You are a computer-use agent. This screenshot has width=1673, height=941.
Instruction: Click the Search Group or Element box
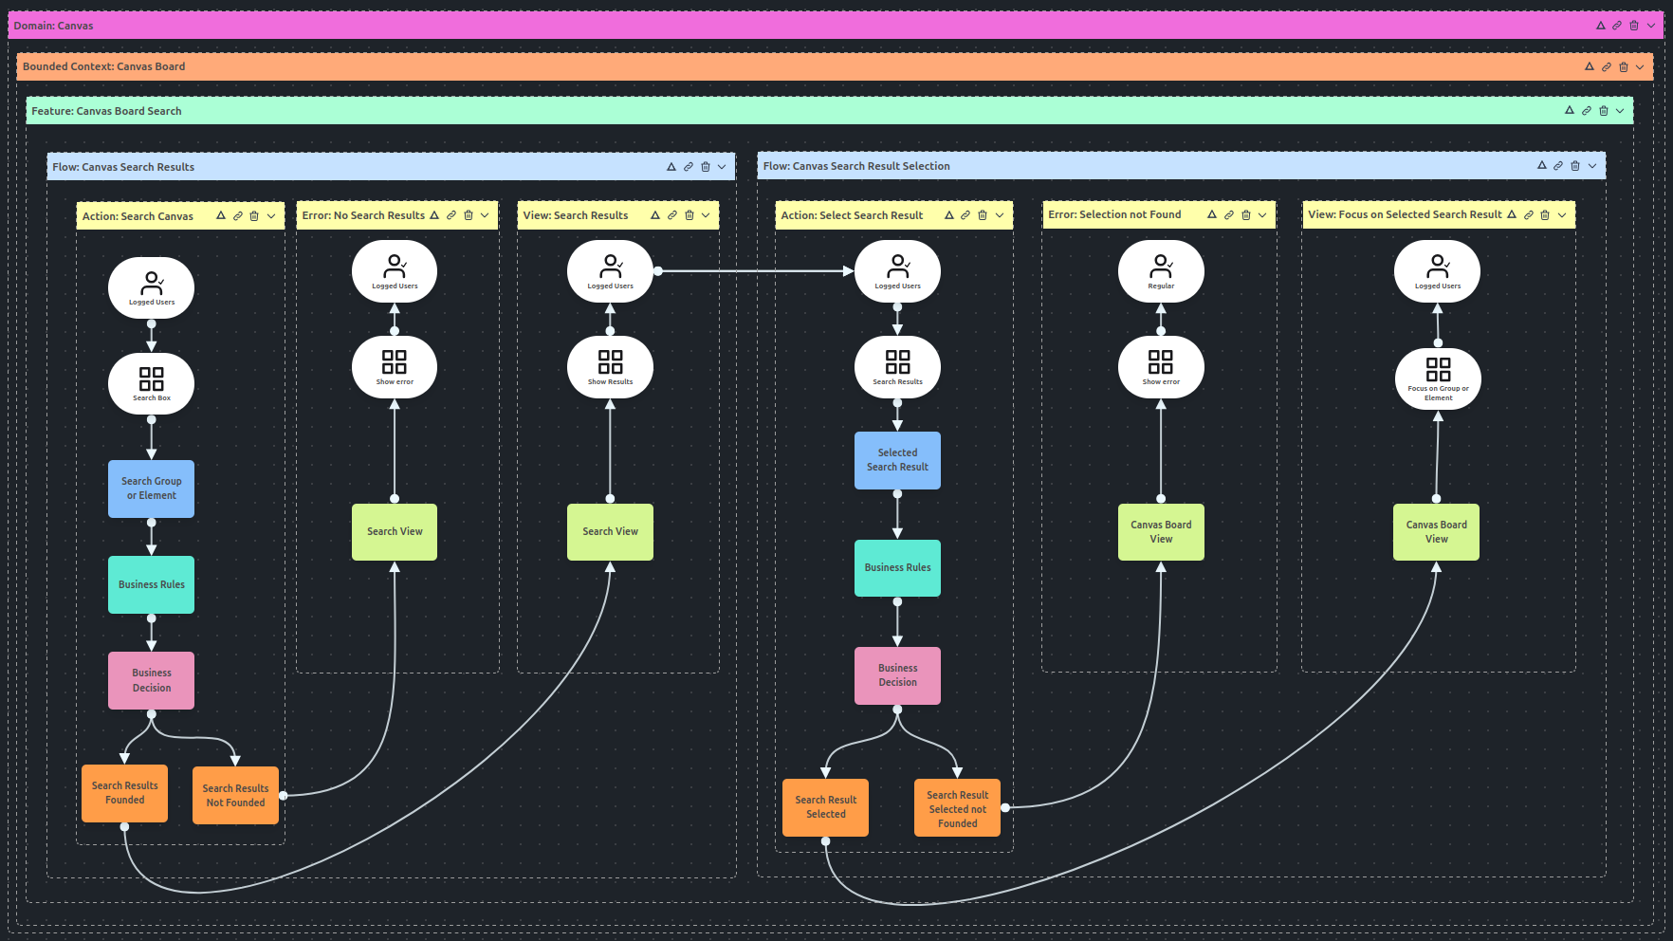click(x=151, y=489)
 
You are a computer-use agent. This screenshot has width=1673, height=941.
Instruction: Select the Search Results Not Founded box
click(x=235, y=795)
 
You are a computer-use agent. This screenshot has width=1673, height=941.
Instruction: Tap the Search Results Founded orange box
click(x=124, y=793)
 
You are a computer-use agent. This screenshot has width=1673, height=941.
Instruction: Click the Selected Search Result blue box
click(x=897, y=460)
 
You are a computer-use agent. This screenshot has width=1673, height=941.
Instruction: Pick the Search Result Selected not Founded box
click(x=957, y=808)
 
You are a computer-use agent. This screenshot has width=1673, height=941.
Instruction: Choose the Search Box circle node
click(x=151, y=383)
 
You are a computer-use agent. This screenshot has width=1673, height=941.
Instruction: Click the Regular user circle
click(x=1161, y=271)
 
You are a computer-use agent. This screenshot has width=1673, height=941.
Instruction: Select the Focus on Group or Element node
click(x=1438, y=378)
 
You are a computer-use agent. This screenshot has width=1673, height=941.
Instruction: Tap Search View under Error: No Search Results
click(x=395, y=531)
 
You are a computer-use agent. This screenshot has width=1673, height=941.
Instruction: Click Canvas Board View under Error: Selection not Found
click(x=1161, y=531)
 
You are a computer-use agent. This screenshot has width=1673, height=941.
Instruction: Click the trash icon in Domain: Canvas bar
click(x=1634, y=26)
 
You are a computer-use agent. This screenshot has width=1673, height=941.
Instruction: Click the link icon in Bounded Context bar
click(x=1607, y=66)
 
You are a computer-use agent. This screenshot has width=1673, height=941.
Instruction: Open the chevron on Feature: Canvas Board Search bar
click(x=1620, y=111)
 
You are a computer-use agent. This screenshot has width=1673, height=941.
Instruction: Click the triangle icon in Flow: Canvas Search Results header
click(x=671, y=167)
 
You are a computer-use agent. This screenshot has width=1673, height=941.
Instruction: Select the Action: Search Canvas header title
click(x=138, y=216)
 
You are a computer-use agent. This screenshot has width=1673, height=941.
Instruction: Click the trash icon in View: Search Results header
click(x=689, y=215)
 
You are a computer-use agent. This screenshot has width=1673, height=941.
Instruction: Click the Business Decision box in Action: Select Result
click(x=897, y=675)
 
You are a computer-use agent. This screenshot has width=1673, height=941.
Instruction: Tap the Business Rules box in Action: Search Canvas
click(x=151, y=584)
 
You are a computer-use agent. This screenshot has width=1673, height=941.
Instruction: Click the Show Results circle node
click(x=610, y=367)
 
